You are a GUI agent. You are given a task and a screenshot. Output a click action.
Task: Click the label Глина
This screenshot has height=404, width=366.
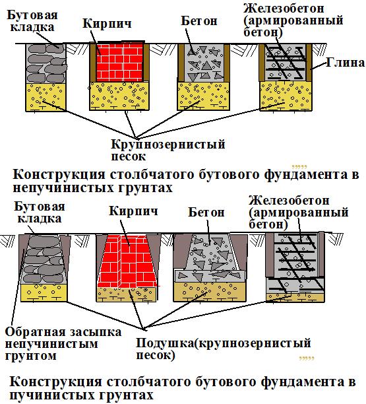[346, 63]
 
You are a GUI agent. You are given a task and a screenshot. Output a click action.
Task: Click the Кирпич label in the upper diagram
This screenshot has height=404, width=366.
[107, 24]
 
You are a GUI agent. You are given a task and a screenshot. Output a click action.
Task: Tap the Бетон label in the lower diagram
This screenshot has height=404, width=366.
[206, 213]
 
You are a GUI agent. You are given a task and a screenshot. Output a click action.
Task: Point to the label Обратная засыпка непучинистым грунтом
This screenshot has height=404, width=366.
[63, 344]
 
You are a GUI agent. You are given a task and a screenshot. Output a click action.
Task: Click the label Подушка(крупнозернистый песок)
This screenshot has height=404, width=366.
[224, 349]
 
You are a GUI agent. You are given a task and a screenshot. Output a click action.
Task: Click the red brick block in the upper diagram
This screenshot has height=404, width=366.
[119, 61]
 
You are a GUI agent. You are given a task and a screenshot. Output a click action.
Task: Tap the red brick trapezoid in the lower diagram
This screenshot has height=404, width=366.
[128, 261]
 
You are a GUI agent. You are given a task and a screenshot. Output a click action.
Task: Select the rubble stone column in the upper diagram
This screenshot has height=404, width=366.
[46, 63]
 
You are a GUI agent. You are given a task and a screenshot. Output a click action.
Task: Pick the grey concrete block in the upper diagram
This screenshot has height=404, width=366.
[204, 63]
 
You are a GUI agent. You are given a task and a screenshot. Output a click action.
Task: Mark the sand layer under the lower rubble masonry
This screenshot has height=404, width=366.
[44, 292]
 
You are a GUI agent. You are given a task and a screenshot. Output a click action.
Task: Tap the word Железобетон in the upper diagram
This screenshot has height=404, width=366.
[284, 8]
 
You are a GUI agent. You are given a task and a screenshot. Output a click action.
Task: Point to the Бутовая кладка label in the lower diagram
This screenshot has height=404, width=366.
[40, 213]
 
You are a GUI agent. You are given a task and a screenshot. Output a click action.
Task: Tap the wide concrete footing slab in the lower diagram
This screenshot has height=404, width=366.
[210, 276]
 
